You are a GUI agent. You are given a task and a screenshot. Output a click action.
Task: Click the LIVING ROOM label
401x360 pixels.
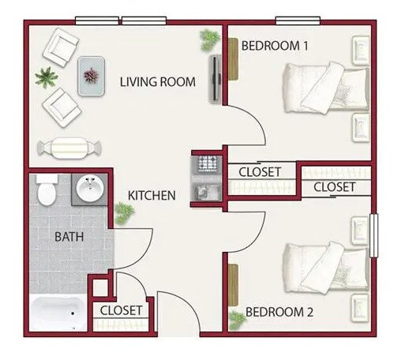[158, 81]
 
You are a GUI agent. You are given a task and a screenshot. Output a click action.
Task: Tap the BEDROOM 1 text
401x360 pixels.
[274, 46]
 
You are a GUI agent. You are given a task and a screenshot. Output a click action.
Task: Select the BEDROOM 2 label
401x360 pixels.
[279, 313]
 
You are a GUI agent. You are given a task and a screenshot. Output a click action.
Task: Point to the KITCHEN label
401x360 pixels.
[152, 195]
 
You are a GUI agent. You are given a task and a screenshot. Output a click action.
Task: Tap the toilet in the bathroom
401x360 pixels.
[47, 189]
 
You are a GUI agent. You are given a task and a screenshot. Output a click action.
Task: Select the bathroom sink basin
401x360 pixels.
[89, 189]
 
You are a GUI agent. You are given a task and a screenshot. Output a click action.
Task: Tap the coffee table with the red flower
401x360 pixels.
[92, 76]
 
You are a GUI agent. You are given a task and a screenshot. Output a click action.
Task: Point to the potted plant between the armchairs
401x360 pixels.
[45, 77]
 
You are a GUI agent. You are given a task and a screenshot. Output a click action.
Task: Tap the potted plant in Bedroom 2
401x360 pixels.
[237, 320]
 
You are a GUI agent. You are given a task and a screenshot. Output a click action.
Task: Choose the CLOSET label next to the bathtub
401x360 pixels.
[122, 311]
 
